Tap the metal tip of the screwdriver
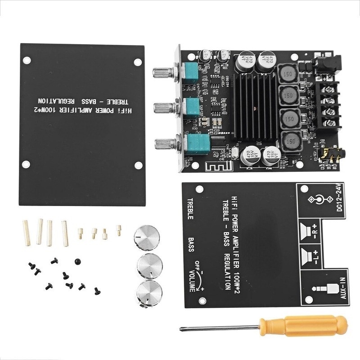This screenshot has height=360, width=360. tap(182, 329)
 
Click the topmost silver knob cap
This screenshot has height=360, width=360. tap(145, 236)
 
